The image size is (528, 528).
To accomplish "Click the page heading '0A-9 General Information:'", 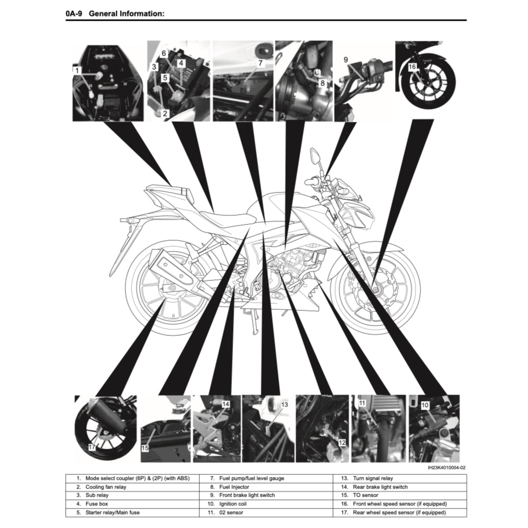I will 114,13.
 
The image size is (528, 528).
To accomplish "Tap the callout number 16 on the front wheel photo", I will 412,67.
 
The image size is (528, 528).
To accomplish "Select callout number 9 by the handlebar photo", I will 345,59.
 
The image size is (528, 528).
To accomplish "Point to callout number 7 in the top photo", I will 260,63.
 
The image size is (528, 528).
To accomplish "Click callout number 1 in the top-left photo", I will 78,70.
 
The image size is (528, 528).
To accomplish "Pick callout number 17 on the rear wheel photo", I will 92,447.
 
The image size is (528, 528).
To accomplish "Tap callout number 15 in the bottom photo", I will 145,449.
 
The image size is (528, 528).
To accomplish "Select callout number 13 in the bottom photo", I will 284,405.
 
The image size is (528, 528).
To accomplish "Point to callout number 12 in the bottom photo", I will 341,443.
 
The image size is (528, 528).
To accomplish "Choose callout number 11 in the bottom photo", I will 362,403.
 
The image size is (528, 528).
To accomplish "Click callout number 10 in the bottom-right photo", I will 425,405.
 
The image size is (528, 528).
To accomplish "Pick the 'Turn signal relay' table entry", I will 374,479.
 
